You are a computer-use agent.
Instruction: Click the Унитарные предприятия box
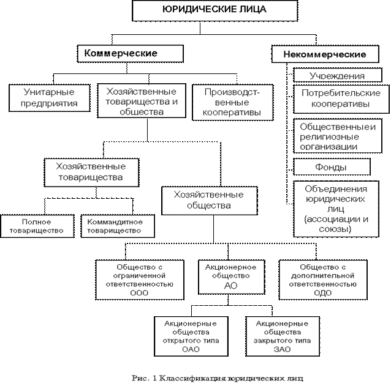coord(50,97)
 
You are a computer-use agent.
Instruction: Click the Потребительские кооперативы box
coord(340,99)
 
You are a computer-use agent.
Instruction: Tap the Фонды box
coord(332,167)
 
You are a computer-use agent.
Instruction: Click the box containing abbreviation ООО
coord(140,280)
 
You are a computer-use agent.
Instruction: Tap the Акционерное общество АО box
coord(230,276)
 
